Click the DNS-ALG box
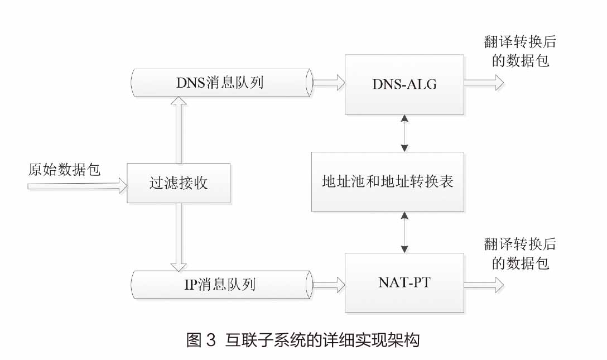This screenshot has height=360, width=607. (404, 84)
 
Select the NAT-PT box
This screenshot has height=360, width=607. (404, 282)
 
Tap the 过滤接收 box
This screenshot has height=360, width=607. (179, 183)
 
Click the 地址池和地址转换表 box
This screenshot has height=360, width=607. (387, 181)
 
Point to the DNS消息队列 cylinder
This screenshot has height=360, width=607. (220, 83)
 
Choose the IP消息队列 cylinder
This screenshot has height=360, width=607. (220, 284)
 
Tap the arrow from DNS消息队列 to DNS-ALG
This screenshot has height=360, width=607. (329, 83)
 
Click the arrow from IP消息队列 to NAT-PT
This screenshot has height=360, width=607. (329, 285)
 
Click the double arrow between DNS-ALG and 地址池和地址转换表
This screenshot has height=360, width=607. (404, 133)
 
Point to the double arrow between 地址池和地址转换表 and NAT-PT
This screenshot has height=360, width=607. (404, 232)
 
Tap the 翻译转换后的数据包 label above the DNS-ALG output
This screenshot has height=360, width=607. (520, 51)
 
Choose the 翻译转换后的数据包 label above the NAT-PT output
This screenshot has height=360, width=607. (520, 253)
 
